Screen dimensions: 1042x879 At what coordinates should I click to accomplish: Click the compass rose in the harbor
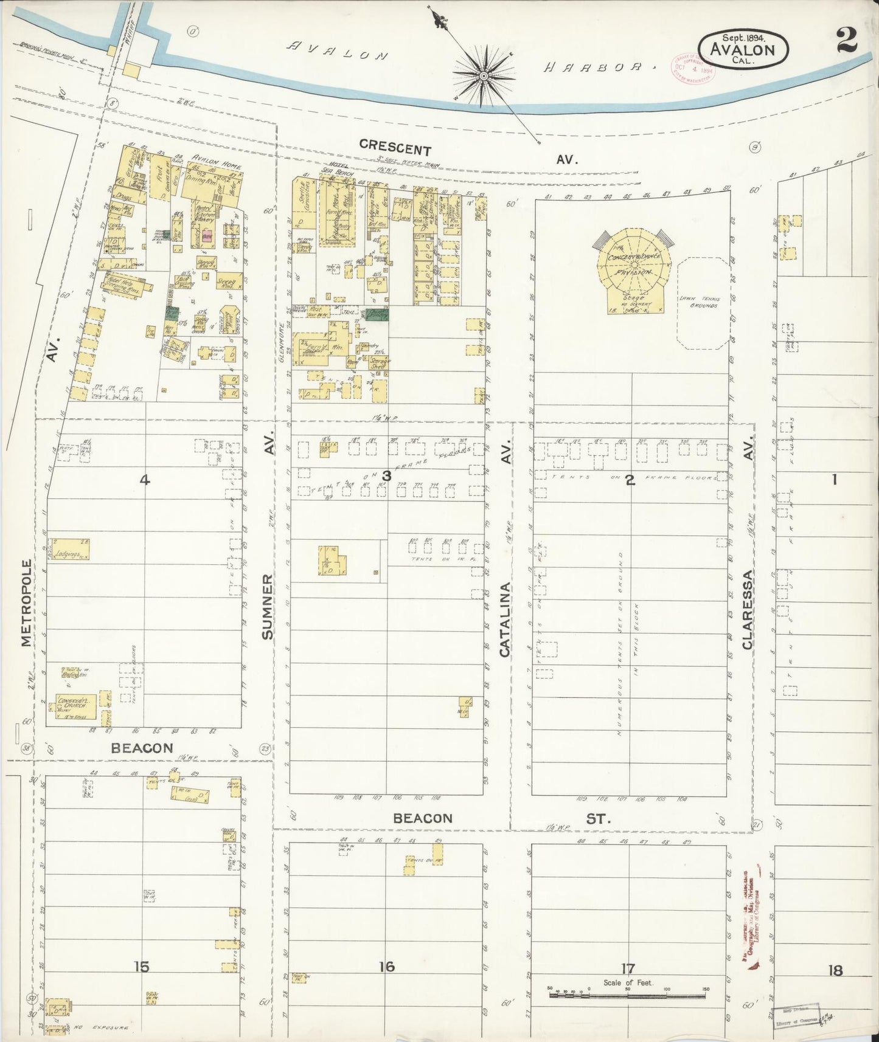tap(484, 75)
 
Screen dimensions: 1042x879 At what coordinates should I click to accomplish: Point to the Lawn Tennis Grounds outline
tap(703, 302)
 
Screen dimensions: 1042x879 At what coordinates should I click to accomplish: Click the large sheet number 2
tap(846, 41)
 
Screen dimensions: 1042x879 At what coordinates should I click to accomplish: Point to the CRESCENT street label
tap(395, 148)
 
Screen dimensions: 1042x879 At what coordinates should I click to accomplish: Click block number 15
tap(141, 966)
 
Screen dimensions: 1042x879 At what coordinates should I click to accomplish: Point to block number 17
tap(628, 967)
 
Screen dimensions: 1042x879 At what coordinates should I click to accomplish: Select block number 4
tap(144, 480)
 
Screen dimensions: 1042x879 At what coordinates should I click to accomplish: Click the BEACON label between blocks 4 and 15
tap(142, 748)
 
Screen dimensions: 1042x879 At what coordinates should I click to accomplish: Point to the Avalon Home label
tap(216, 162)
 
